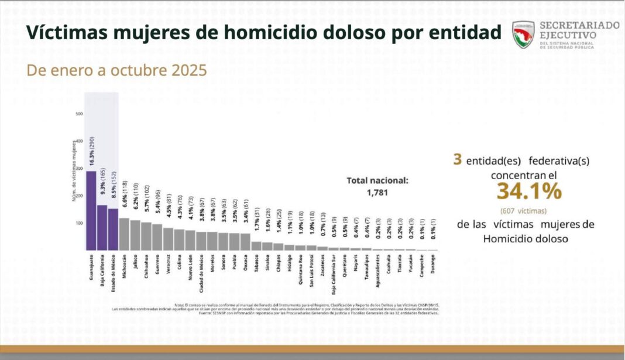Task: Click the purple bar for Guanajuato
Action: pyautogui.click(x=91, y=211)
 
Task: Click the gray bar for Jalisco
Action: pyautogui.click(x=135, y=235)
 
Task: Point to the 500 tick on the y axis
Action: pyautogui.click(x=79, y=114)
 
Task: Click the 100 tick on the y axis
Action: pyautogui.click(x=79, y=223)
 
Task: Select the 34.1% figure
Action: pyautogui.click(x=529, y=191)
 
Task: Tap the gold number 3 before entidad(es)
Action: pyautogui.click(x=457, y=159)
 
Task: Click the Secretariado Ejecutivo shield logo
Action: pyautogui.click(x=523, y=35)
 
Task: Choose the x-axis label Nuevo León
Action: pyautogui.click(x=190, y=269)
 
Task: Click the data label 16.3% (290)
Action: pyautogui.click(x=92, y=152)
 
